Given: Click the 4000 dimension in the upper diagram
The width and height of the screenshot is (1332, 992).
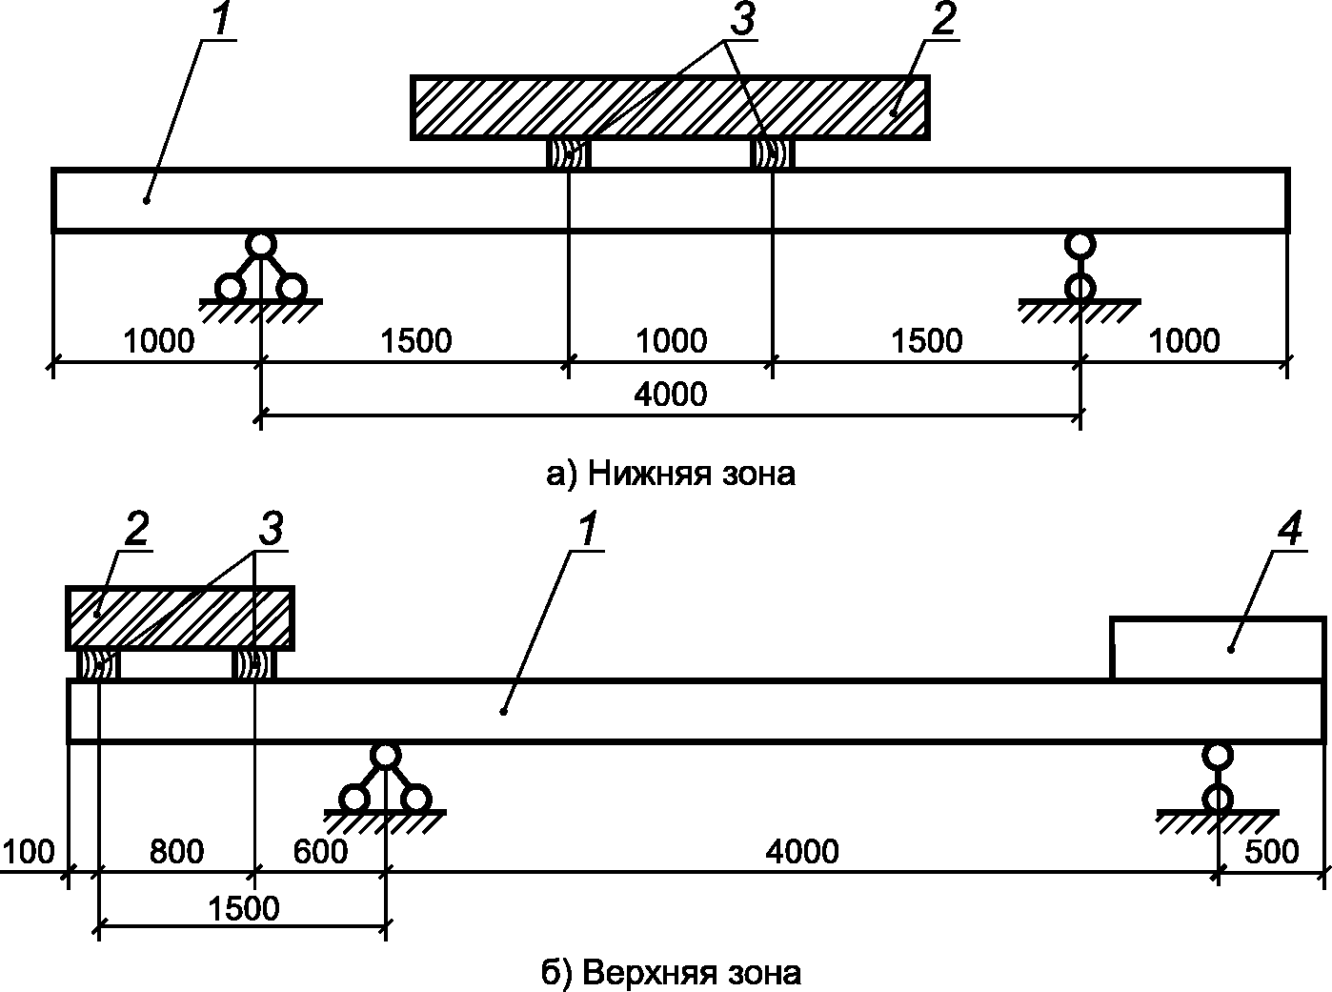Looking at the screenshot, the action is (671, 395).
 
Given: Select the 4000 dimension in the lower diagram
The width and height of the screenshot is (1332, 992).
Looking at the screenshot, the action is (801, 851).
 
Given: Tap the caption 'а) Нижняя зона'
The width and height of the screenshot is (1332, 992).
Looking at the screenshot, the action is (671, 474).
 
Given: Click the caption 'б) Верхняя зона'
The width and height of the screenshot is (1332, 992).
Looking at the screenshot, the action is (671, 972).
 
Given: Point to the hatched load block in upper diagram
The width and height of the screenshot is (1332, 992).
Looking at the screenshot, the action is (670, 108).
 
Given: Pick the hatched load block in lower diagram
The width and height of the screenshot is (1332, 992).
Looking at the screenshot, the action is (179, 618).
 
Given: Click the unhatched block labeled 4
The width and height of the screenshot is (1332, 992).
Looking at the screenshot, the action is (1218, 648).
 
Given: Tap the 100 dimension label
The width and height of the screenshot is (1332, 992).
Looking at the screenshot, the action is (29, 852).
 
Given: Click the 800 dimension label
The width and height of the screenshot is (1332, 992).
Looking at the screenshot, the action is (176, 852).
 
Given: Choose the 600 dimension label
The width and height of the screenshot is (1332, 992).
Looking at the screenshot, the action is (320, 852).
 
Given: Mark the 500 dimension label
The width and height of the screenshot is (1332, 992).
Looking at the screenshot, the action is (1271, 852).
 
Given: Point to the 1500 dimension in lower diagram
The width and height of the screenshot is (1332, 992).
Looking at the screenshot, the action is (243, 909).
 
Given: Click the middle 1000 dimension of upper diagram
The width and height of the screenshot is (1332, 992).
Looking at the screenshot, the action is (671, 341).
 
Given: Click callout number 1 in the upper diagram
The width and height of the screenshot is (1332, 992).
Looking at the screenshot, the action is (220, 19).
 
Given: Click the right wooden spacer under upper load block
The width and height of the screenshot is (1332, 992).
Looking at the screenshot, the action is (773, 153).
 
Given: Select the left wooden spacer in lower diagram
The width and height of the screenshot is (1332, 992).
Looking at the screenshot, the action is (98, 665).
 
